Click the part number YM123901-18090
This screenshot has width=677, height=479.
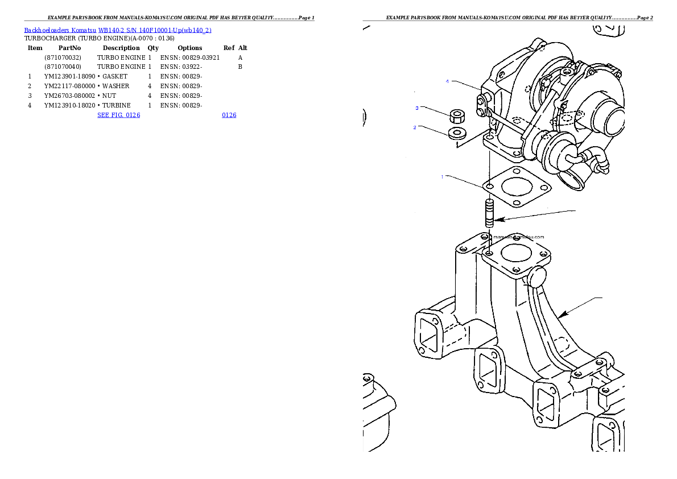point(69,76)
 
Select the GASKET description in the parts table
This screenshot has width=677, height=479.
point(115,76)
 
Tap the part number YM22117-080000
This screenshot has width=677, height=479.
point(69,86)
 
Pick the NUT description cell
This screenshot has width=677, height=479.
point(109,96)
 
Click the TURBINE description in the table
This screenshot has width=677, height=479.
point(117,105)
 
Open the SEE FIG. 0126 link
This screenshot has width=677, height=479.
point(119,115)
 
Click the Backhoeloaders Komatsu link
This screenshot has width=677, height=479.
point(60,30)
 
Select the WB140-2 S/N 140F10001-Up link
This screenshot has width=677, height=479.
point(155,30)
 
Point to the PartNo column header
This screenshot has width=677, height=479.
point(69,48)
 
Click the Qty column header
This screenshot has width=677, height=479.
point(153,48)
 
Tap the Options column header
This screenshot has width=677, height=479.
point(190,48)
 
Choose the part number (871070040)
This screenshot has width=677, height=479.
point(63,67)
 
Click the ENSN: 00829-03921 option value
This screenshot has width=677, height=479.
point(190,57)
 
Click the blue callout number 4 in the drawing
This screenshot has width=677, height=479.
point(447,81)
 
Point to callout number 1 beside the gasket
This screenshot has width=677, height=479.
point(442,177)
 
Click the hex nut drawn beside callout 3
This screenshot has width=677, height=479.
point(457,116)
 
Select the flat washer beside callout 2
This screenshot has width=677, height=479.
point(457,134)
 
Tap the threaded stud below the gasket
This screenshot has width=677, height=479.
point(489,213)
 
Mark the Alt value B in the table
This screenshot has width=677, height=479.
point(240,67)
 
